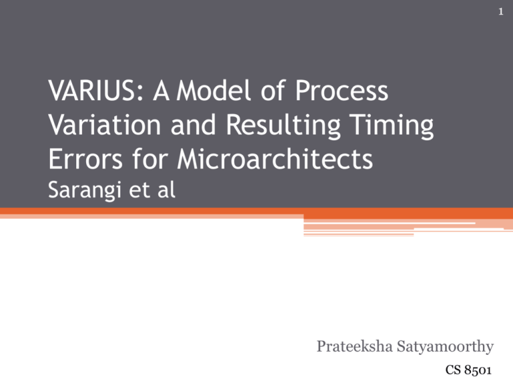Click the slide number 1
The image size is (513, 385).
pos(500,12)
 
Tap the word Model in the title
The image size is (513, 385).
pos(214,90)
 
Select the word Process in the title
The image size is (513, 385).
pos(341,90)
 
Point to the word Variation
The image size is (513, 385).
pos(104,125)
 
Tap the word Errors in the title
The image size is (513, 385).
pos(85,159)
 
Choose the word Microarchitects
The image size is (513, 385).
pos(275,158)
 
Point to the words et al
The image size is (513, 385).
pos(152,190)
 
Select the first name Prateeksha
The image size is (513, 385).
pos(355,346)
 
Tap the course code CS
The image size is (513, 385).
pos(453,370)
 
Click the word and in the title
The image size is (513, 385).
pos(193,124)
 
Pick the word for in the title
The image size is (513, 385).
pos(150,158)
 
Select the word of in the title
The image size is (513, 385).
pos(273,90)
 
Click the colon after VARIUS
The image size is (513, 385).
pos(140,94)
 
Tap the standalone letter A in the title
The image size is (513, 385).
pos(161,91)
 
